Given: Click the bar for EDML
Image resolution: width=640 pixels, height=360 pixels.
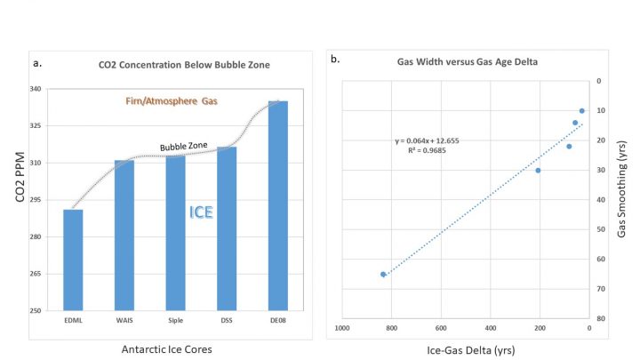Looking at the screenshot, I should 73,260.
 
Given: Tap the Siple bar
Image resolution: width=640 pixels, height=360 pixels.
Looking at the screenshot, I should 175,233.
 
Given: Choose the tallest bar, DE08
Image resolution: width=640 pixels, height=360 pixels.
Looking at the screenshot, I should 278,205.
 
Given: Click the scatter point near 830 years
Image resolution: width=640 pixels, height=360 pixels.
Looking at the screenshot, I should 383,274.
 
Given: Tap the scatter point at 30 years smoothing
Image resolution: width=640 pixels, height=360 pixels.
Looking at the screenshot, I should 538,170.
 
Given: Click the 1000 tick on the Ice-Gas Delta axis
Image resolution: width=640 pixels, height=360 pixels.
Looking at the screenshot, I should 341,327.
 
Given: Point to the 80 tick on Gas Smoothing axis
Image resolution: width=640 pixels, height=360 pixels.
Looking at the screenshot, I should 601,318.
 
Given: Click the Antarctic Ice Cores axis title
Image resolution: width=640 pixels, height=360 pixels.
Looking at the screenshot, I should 167,348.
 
